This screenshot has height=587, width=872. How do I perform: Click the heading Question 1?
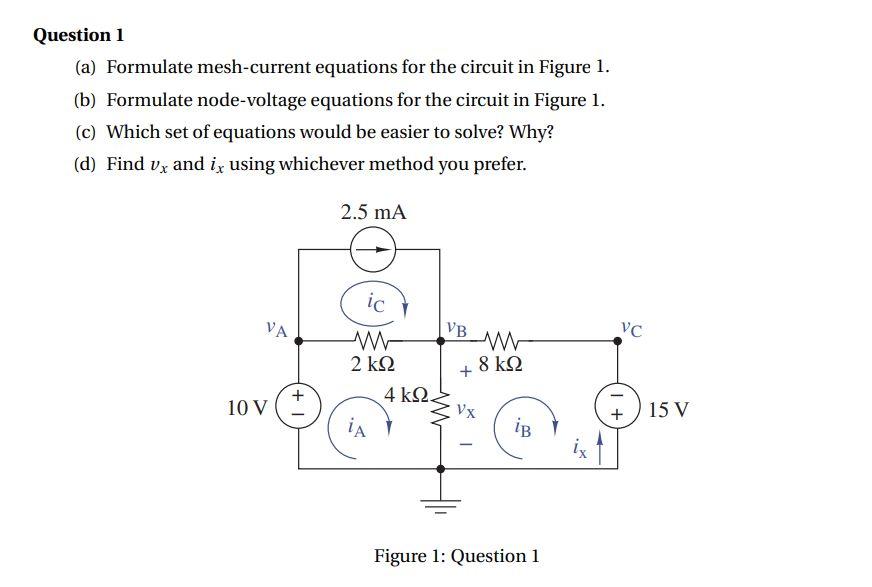79,35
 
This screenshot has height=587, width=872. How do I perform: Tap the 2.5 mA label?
373,212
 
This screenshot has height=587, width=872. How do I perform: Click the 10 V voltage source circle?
298,408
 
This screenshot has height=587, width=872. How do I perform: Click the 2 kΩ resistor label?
372,364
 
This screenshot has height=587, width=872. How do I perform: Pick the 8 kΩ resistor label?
500,364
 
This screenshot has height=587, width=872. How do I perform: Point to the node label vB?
457,327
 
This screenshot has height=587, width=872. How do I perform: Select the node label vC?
631,327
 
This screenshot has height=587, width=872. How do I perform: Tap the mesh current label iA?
356,429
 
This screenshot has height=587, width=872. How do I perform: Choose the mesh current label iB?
522,428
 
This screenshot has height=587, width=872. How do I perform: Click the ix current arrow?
600,445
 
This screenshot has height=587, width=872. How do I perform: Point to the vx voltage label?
466,409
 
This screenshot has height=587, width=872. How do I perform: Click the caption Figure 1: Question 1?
456,556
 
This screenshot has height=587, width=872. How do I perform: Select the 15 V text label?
667,409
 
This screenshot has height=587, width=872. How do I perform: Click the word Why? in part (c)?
532,132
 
